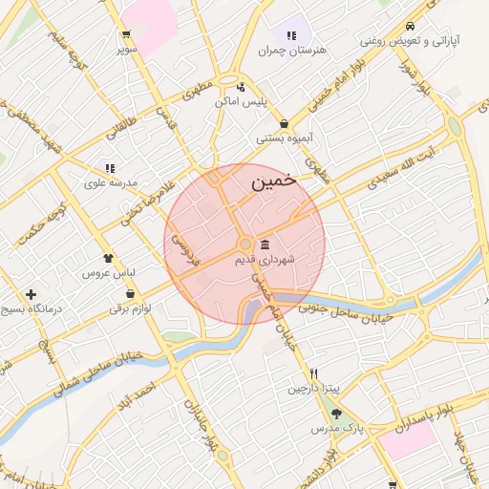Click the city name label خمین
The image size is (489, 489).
coord(273,180)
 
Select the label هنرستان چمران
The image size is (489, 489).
coord(293,49)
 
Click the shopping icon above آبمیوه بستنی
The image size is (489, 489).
coord(285,123)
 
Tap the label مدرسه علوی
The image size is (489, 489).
coord(111,182)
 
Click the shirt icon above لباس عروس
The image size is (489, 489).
coord(108,257)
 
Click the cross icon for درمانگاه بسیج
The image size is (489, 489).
coord(32,294)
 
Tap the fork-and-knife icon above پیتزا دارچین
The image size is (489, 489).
coord(313,373)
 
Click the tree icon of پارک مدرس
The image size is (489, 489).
coord(336,414)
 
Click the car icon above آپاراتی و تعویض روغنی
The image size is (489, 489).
coord(410,26)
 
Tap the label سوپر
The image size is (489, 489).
coord(127,47)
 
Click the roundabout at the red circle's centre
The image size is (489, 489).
coord(245,244)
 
